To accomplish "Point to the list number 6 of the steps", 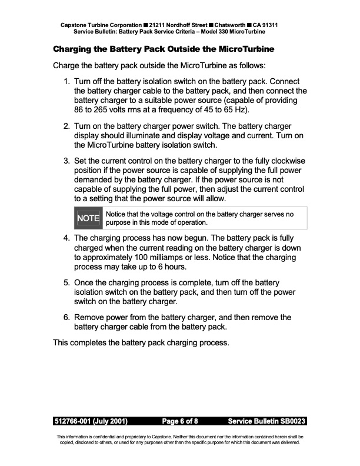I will click(66, 317).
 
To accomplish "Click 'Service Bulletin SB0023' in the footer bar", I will click(266, 421).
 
